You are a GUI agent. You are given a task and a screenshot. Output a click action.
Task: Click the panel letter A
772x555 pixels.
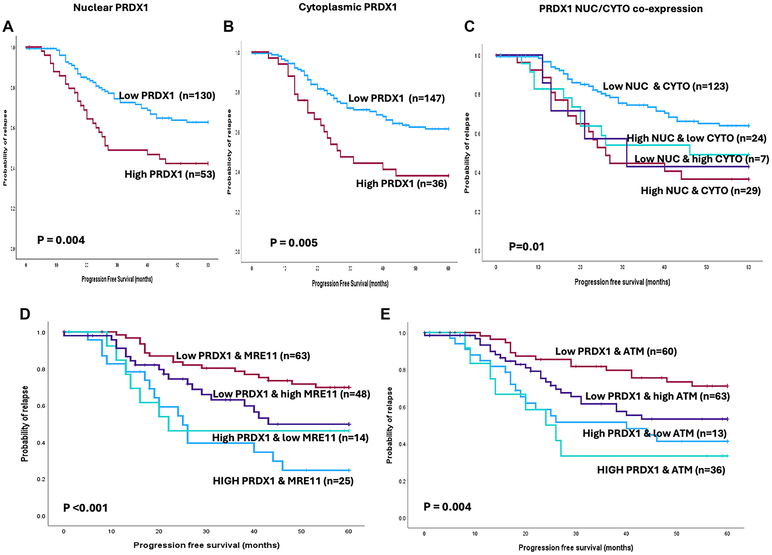pyautogui.click(x=8, y=27)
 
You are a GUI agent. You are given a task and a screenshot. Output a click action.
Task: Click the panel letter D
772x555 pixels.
pyautogui.click(x=25, y=314)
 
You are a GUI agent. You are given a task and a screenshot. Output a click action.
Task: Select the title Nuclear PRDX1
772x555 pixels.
pyautogui.click(x=111, y=8)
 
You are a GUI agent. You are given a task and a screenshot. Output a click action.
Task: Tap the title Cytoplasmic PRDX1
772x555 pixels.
pyautogui.click(x=347, y=7)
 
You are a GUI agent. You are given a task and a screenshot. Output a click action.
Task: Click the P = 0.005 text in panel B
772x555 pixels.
pyautogui.click(x=294, y=243)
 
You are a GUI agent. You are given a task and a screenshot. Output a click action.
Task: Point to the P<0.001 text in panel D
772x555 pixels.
pyautogui.click(x=85, y=508)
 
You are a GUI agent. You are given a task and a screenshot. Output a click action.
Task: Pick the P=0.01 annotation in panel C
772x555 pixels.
pyautogui.click(x=527, y=247)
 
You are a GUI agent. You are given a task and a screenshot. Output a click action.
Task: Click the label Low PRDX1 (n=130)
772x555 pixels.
pyautogui.click(x=167, y=95)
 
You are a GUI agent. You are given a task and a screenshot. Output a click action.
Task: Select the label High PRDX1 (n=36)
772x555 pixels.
pyautogui.click(x=401, y=183)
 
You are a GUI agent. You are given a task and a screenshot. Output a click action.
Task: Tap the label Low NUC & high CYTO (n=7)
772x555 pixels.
pyautogui.click(x=701, y=159)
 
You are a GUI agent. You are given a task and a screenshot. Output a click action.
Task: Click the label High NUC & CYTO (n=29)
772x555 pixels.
pyautogui.click(x=701, y=190)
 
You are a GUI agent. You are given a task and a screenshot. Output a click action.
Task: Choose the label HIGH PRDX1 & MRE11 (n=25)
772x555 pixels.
pyautogui.click(x=283, y=481)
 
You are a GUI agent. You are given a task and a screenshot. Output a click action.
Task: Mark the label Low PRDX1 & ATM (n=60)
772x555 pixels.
pyautogui.click(x=616, y=351)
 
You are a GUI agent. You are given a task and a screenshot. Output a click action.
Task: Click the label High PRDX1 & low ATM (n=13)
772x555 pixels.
pyautogui.click(x=654, y=433)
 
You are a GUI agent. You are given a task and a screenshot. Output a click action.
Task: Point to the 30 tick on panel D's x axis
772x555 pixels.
pyautogui.click(x=206, y=531)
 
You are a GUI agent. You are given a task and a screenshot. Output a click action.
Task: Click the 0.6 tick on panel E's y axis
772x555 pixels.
pyautogui.click(x=402, y=407)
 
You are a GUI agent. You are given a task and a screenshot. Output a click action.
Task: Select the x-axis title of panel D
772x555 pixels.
pyautogui.click(x=207, y=545)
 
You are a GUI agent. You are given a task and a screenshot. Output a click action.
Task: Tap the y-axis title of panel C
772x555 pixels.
pyautogui.click(x=467, y=153)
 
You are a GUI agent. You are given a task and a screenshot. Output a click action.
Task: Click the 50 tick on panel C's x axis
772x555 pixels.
pyautogui.click(x=706, y=267)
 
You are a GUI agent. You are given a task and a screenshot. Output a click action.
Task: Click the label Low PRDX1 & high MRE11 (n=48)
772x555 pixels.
pyautogui.click(x=291, y=394)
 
